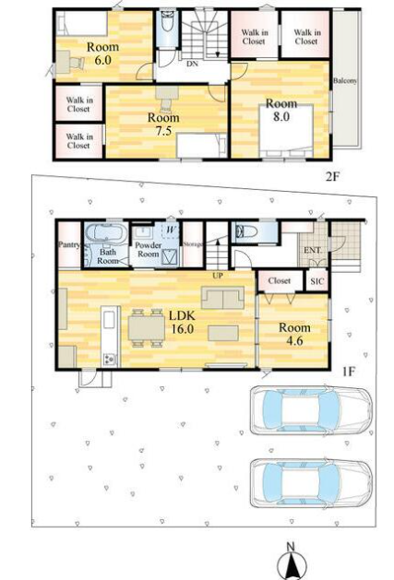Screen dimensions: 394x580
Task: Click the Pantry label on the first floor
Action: coord(69,244)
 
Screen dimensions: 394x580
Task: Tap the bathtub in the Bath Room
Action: coord(106,233)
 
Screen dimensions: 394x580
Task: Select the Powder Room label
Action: coord(149,250)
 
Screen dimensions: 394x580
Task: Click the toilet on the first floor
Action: coord(246,231)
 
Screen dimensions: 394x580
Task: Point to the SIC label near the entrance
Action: coord(317,281)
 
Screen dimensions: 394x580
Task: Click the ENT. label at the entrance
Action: coord(313,251)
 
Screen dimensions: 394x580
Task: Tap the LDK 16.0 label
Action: coord(182,322)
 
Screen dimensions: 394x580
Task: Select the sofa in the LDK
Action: coord(223,298)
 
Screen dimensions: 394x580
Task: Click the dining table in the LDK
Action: coord(147,327)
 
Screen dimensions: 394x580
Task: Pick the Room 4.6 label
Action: coord(294,334)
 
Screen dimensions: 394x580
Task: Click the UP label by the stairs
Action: coord(218,276)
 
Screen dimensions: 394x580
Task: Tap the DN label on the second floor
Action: coord(192,64)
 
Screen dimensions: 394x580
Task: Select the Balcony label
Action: coord(345,80)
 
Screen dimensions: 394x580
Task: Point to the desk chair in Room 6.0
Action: coord(78,63)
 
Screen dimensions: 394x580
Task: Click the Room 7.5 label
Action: coord(163,124)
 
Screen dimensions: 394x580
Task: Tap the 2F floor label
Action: coord(332,177)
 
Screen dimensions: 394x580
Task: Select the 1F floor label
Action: coord(348,372)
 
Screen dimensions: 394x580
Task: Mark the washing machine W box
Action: coord(171,231)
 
